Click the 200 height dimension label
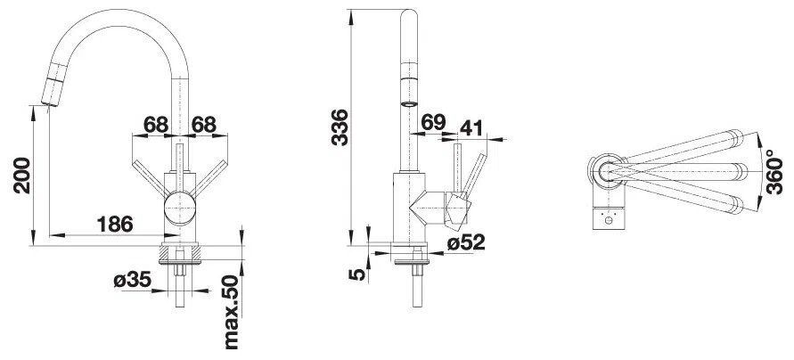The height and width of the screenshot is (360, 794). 22,176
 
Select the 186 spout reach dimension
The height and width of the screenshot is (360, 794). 115,224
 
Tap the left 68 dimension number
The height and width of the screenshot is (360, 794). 156,124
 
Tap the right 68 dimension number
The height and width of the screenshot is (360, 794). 203,124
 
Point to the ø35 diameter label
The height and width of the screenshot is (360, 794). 132,280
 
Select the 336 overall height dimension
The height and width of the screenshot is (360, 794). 340,127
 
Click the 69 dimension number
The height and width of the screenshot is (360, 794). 433,122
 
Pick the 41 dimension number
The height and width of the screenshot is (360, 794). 471,127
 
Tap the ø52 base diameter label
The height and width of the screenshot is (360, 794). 466,242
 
